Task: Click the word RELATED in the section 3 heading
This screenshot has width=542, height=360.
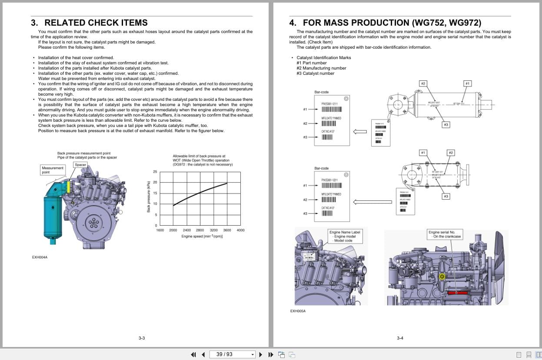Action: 65,23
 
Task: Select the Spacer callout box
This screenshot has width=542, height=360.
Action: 80,165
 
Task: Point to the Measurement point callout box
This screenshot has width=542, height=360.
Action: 53,170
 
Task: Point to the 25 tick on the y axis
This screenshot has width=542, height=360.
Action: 155,172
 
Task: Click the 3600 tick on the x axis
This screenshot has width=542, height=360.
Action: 227,230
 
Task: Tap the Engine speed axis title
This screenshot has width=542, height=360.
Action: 202,236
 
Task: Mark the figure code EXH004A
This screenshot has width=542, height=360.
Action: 40,257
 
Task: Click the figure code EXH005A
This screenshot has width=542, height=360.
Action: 298,311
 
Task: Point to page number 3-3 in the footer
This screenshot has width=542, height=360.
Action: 141,338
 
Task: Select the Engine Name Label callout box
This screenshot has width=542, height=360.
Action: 345,236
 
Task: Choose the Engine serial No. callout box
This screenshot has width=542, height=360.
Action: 445,234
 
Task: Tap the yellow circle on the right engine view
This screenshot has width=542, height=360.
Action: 442,277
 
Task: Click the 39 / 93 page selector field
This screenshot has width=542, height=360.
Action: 233,354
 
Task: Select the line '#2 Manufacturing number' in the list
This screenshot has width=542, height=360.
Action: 321,68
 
